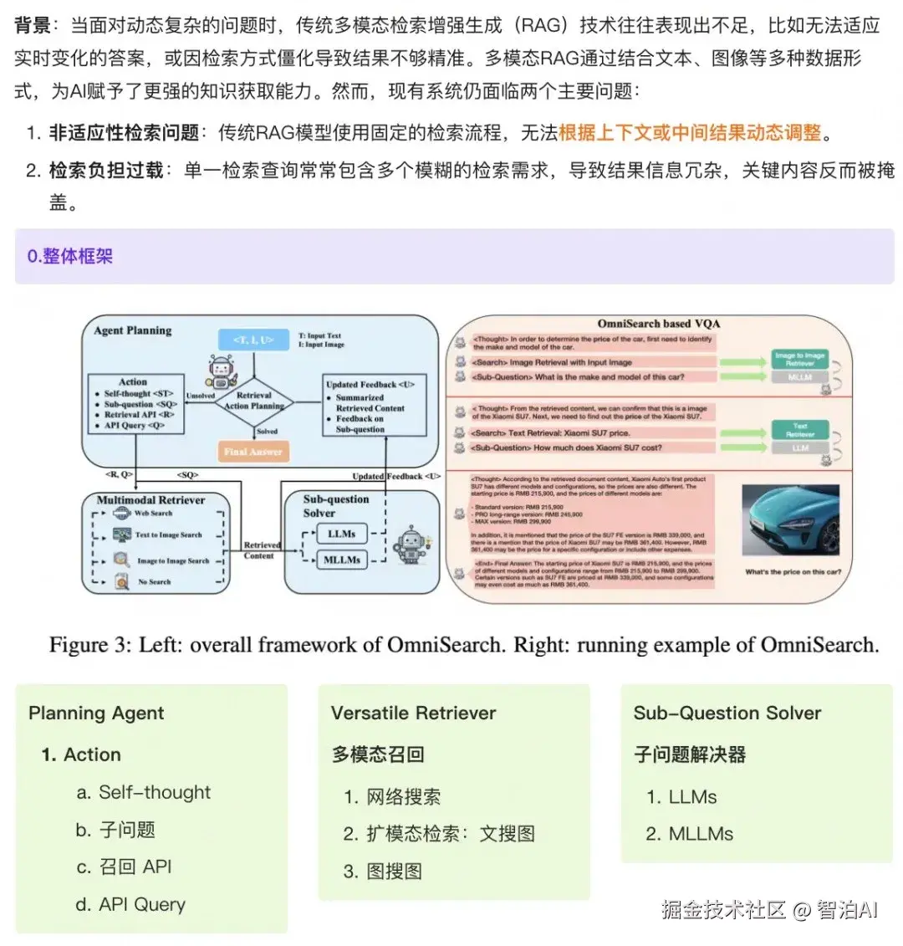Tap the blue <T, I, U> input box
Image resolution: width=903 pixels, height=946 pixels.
click(253, 340)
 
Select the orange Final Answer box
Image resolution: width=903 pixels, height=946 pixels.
click(253, 452)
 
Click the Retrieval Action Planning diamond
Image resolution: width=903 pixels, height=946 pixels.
click(254, 401)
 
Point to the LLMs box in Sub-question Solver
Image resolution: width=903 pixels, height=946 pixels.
click(341, 534)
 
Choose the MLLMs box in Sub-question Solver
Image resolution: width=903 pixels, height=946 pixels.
click(341, 560)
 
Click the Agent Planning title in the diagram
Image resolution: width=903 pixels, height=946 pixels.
click(133, 330)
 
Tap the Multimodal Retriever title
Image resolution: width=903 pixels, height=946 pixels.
click(150, 500)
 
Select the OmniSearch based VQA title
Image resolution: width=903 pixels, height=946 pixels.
click(659, 324)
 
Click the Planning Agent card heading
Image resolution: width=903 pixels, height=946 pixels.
click(96, 713)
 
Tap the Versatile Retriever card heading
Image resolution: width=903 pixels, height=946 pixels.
click(413, 713)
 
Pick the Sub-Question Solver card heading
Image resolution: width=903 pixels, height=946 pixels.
click(727, 713)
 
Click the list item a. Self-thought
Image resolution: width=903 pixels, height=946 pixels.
click(144, 792)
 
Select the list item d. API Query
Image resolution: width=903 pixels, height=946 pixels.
click(131, 904)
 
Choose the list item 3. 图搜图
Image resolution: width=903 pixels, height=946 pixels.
click(383, 871)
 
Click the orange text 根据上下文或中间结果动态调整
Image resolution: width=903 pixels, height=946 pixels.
click(690, 132)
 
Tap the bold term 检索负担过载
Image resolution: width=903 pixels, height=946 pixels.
click(106, 170)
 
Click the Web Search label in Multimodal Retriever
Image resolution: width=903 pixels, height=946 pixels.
click(153, 514)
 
